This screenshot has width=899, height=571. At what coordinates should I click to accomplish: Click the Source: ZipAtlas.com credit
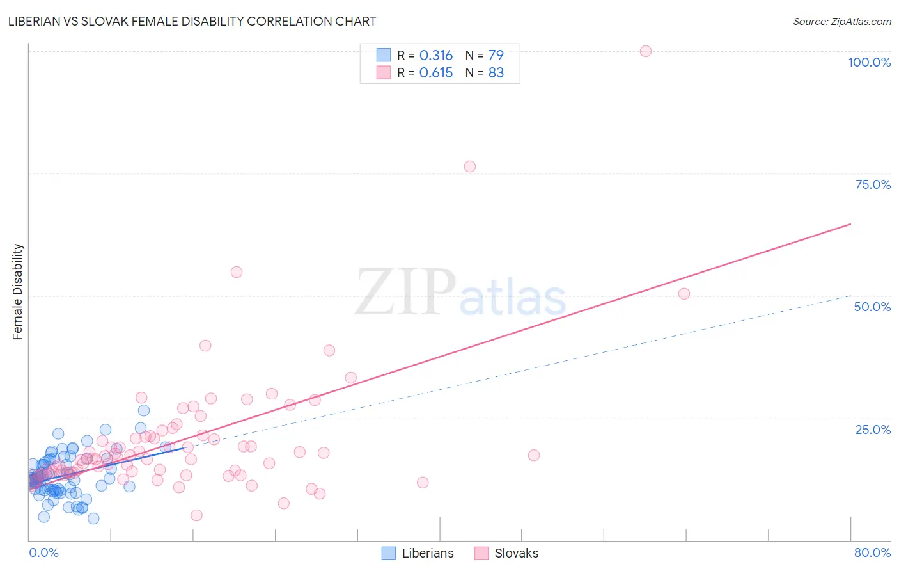[x=841, y=21]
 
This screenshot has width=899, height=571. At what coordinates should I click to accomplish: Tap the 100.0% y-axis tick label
[x=869, y=62]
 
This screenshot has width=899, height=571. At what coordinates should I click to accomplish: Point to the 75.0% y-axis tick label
[x=873, y=184]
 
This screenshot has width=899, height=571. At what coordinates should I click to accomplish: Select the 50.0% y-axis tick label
[x=872, y=307]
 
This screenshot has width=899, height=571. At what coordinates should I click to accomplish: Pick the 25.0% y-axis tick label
[x=873, y=429]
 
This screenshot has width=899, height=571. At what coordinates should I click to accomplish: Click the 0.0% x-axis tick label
[x=43, y=552]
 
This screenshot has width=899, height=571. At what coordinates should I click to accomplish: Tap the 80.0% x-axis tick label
[x=872, y=552]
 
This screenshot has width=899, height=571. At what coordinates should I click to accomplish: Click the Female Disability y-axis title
[x=18, y=291]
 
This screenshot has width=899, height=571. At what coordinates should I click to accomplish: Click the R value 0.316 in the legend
[x=436, y=55]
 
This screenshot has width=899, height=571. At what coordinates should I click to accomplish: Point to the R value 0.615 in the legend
[x=436, y=73]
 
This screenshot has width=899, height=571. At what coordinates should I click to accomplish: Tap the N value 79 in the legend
[x=496, y=55]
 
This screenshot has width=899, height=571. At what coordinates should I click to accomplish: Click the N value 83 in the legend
[x=496, y=73]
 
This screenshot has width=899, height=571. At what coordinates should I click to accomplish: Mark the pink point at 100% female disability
[x=646, y=51]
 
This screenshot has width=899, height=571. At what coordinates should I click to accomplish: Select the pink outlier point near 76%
[x=470, y=166]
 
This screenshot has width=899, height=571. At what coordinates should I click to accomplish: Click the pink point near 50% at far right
[x=684, y=294]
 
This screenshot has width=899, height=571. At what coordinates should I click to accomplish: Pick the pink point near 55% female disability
[x=237, y=272]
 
